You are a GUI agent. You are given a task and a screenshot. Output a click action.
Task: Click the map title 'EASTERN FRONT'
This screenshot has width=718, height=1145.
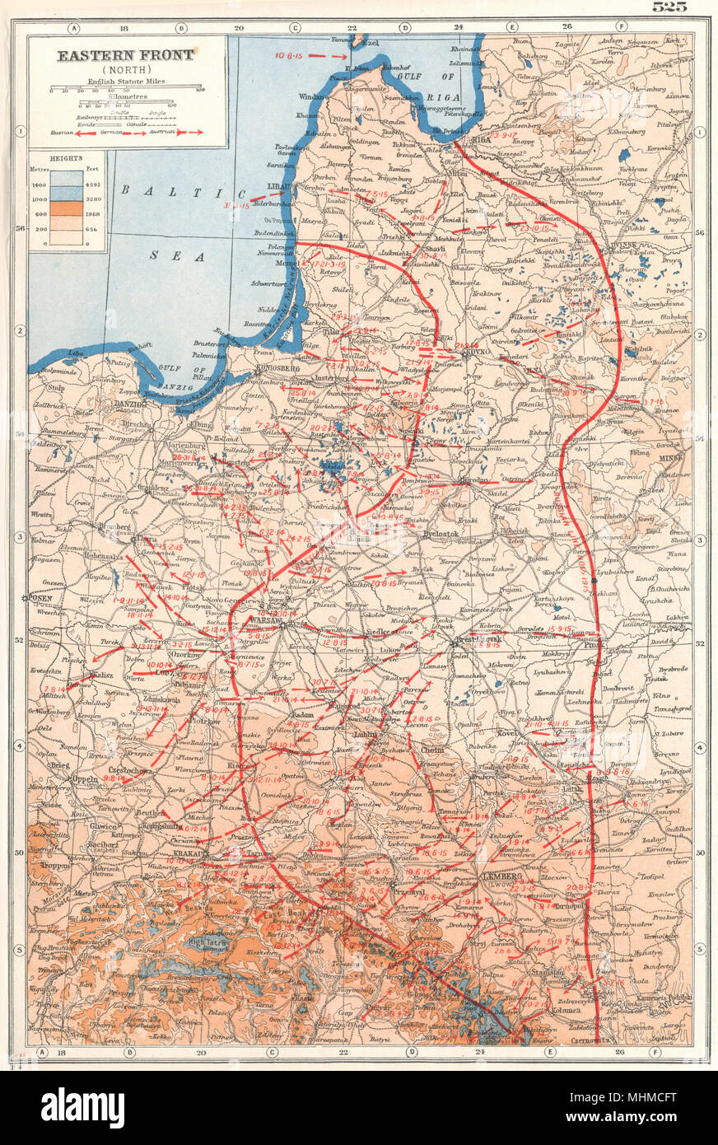[x=124, y=55]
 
